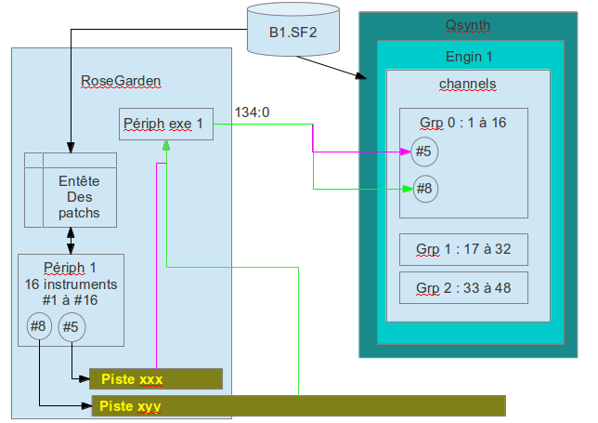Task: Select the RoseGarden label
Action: coord(121,81)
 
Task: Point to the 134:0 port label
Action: coord(252,112)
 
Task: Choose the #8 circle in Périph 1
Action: coord(39,326)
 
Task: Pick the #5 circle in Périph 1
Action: coord(71,326)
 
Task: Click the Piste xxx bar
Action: coord(156,379)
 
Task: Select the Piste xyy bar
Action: coord(297,405)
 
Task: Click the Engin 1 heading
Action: coord(469,58)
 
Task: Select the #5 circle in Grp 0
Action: coord(424,151)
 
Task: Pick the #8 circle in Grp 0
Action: coord(424,189)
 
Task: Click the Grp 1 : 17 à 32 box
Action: coord(463,250)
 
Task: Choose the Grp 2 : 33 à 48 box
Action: coord(463,288)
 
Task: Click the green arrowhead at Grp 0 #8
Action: coord(406,189)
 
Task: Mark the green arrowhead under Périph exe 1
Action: coord(166,145)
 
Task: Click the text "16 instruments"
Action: coord(71,284)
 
